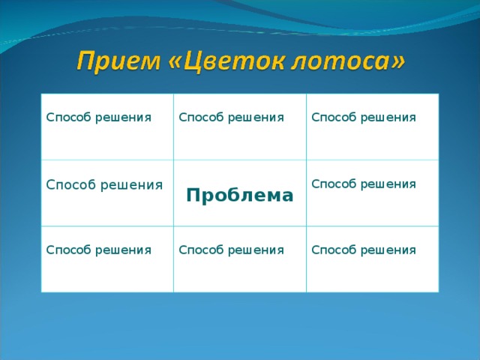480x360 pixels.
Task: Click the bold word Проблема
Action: click(x=240, y=196)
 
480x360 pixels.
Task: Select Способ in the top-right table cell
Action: click(x=331, y=117)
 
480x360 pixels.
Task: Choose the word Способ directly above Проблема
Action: click(x=199, y=117)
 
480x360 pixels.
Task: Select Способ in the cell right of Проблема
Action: click(x=331, y=184)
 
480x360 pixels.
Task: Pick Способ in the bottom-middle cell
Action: click(x=199, y=249)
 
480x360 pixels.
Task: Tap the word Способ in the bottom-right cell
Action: click(x=331, y=249)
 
